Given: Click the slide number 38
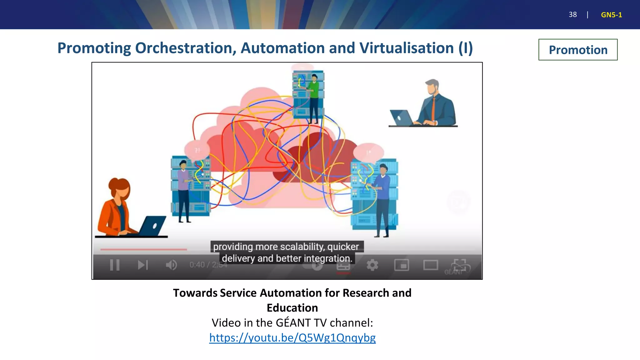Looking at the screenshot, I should (x=572, y=15).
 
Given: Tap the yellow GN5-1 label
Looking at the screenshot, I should (x=611, y=15).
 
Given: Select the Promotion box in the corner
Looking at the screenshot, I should (x=578, y=50).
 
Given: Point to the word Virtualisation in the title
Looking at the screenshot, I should (x=406, y=48).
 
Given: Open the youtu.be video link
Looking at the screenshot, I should (x=292, y=338).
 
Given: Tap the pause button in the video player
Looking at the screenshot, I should (x=115, y=265).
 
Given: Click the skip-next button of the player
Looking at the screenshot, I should (x=143, y=265).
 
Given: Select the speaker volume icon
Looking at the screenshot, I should (x=171, y=265).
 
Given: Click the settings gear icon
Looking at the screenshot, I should (x=372, y=265).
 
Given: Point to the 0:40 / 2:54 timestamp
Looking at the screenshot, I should (x=208, y=265).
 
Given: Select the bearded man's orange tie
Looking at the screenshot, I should (x=433, y=108).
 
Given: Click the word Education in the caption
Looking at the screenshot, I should (x=292, y=308).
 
